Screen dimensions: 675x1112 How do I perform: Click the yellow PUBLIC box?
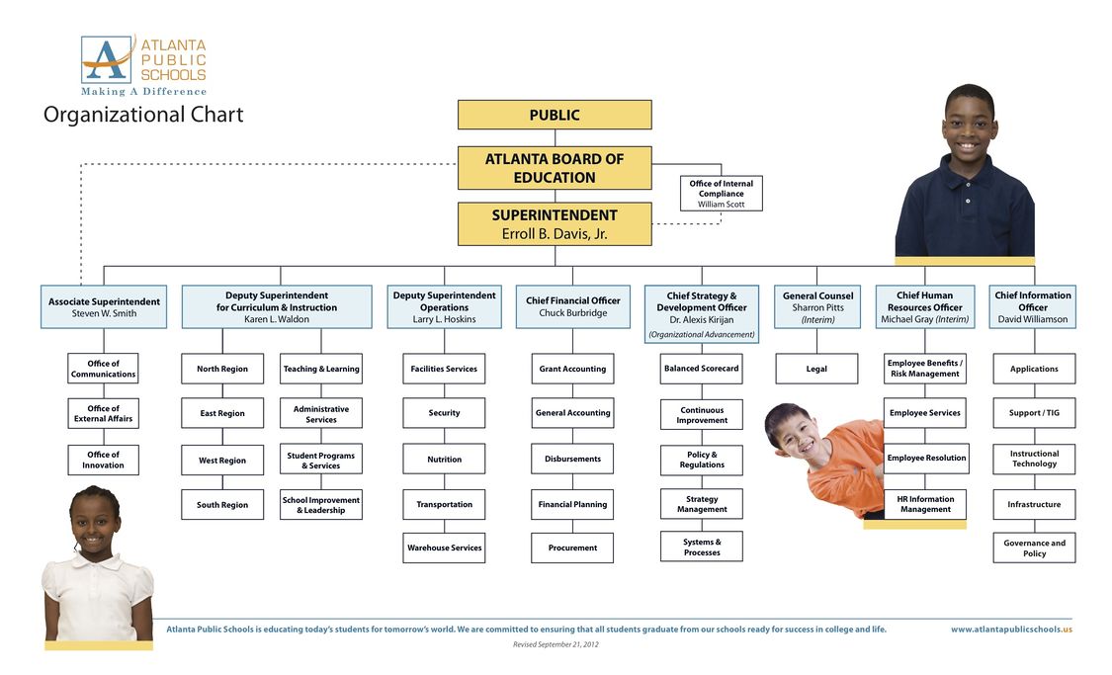(x=554, y=115)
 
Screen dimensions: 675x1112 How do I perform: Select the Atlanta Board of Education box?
(x=554, y=168)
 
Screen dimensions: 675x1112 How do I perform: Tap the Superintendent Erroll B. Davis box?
(x=554, y=224)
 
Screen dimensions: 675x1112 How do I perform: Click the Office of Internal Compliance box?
(x=721, y=193)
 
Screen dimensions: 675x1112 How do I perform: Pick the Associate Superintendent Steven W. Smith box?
(x=104, y=306)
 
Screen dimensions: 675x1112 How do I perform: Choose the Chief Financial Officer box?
(x=573, y=306)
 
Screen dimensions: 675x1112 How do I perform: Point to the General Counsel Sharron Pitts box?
(x=817, y=306)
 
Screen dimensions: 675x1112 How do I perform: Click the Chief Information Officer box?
(x=1032, y=306)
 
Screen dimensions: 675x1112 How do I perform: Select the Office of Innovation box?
(x=103, y=460)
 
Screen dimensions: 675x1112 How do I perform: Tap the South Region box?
(x=222, y=505)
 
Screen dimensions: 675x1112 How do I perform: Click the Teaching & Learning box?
(x=321, y=369)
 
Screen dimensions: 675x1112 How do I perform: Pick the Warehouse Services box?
(x=444, y=548)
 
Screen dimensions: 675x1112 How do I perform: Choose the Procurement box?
(x=572, y=548)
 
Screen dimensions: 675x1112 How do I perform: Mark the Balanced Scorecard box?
(x=701, y=369)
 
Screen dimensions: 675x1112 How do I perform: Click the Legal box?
(x=816, y=369)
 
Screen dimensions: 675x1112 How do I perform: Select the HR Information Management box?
(x=924, y=504)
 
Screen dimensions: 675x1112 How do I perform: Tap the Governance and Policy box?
(x=1034, y=548)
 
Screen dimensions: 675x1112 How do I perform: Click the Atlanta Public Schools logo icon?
(x=106, y=59)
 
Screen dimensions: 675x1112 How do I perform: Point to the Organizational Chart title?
(x=143, y=116)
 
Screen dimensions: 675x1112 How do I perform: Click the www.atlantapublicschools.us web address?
(x=1010, y=630)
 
